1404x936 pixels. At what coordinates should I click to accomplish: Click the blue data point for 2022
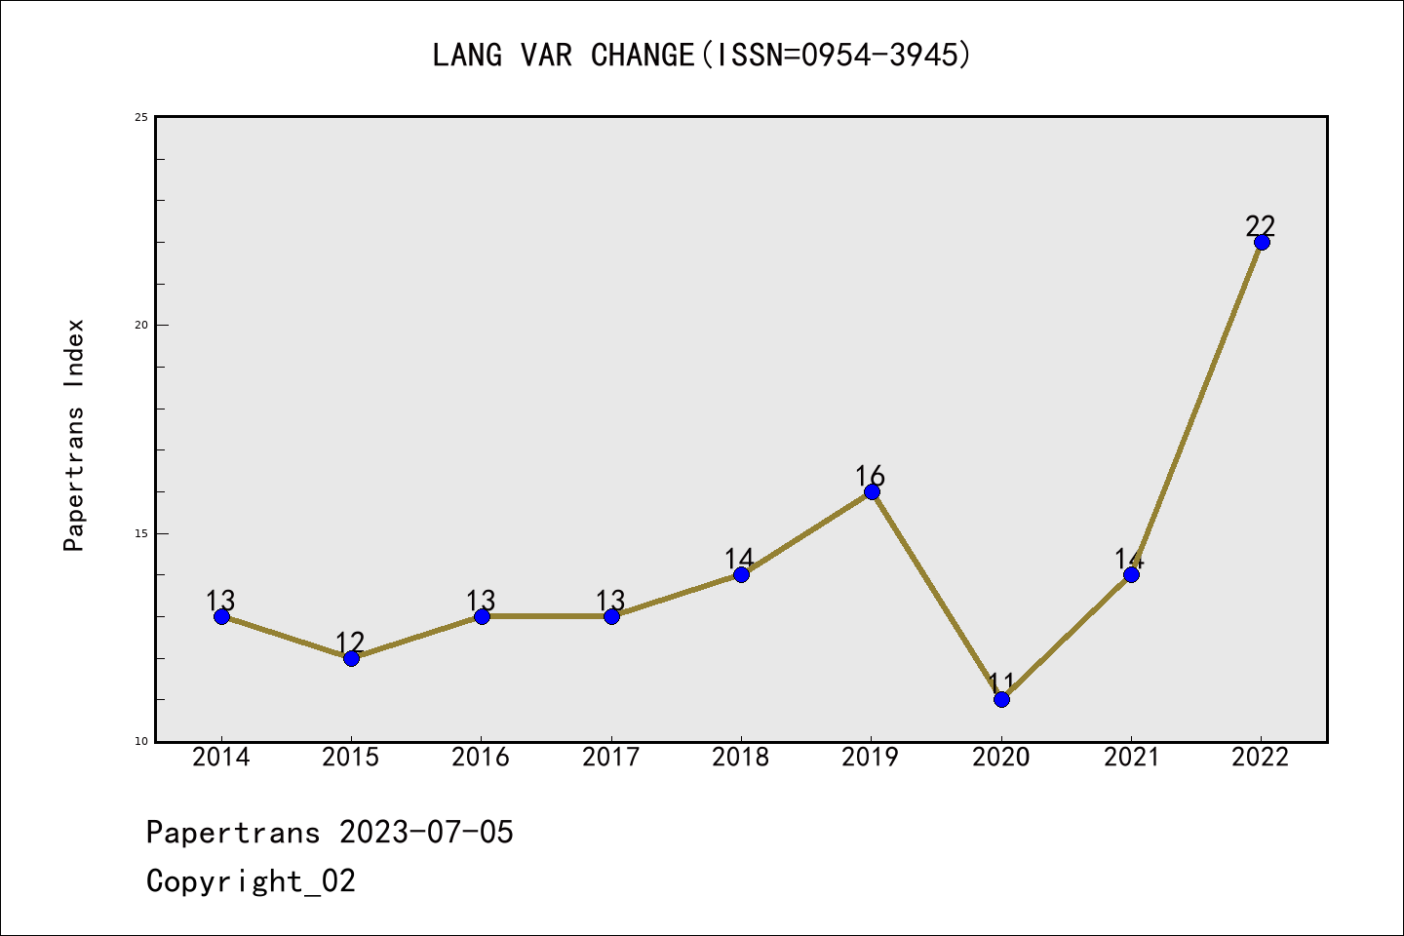[1262, 242]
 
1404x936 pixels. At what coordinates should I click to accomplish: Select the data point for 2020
[1001, 699]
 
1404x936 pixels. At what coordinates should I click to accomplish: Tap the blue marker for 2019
[872, 491]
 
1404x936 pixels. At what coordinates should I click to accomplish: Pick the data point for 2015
[351, 658]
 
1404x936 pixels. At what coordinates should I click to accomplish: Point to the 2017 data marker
[611, 616]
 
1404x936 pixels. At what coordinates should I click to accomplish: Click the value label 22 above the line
[1261, 225]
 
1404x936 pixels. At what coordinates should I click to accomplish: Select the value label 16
[870, 476]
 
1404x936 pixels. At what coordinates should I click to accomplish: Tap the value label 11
[1001, 682]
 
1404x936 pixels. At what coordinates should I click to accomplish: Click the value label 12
[350, 643]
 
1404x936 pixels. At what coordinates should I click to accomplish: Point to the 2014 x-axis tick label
[221, 758]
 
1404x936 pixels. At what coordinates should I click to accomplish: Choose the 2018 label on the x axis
[741, 758]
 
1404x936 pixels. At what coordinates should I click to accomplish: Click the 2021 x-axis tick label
[1131, 758]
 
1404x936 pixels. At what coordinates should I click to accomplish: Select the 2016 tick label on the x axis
[481, 758]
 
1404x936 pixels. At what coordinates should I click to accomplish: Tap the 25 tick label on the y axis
[141, 117]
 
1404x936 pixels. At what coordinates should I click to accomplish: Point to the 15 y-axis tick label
[141, 533]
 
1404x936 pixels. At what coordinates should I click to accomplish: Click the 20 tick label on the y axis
[141, 325]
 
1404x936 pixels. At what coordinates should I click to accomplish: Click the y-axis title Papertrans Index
[74, 435]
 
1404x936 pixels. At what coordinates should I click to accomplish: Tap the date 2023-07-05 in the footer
[426, 833]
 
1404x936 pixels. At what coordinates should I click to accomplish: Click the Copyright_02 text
[251, 881]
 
